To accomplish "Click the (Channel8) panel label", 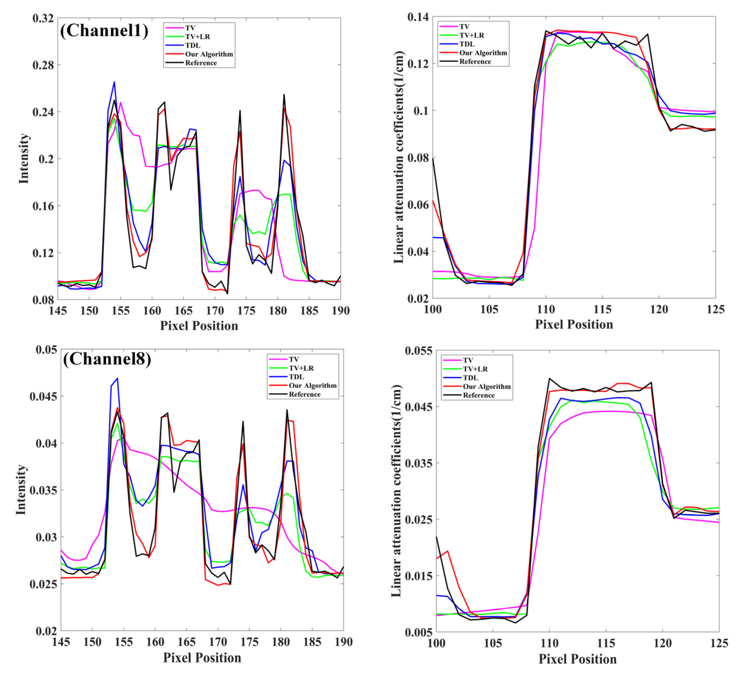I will click(107, 359).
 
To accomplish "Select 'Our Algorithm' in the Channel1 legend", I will click(209, 54).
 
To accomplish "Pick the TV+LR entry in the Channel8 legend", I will click(301, 368).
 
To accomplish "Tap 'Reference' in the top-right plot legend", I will click(475, 62).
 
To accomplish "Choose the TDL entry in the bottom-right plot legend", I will click(470, 378).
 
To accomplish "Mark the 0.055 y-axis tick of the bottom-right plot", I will click(418, 351).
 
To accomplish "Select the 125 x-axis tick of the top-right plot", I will click(715, 309).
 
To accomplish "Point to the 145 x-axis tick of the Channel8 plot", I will click(61, 642).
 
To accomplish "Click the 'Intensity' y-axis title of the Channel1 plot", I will click(24, 158).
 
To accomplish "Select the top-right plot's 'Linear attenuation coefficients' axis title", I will click(399, 157).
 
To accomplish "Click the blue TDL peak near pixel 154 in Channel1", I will click(114, 82).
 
